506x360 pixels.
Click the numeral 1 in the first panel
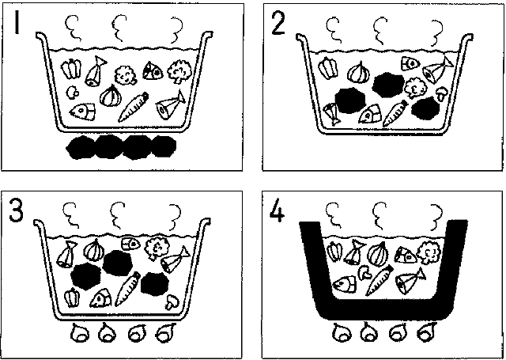click(17, 22)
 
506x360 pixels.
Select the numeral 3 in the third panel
click(16, 210)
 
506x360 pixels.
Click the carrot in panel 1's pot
click(134, 107)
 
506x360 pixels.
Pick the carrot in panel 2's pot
click(395, 114)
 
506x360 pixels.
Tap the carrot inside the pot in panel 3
click(128, 290)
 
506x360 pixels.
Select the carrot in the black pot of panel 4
click(379, 281)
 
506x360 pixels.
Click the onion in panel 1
click(111, 95)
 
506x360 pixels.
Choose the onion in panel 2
click(358, 73)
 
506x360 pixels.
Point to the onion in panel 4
click(378, 254)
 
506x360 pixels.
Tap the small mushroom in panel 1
click(72, 93)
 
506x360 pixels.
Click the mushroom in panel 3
click(172, 301)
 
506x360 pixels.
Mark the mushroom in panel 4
click(365, 272)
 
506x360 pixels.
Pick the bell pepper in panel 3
click(72, 298)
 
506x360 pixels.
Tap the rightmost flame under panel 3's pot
click(165, 332)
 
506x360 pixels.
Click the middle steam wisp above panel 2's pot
click(381, 30)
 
